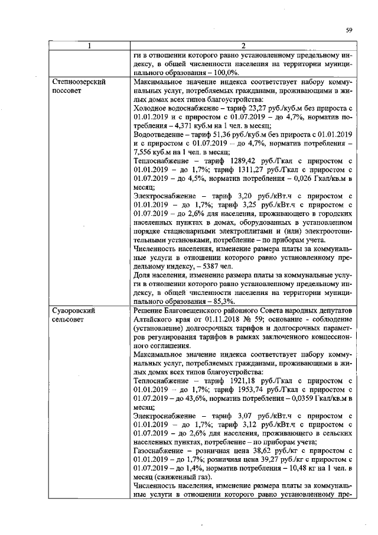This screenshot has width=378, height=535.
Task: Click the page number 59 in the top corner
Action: point(349,31)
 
